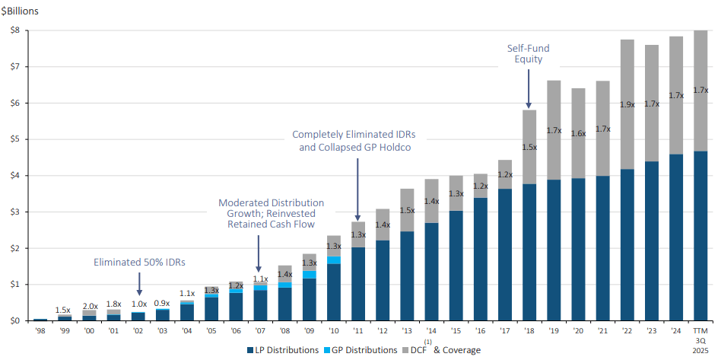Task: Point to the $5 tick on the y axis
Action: tap(14, 139)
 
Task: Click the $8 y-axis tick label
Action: tap(14, 30)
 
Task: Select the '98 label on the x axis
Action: tap(40, 332)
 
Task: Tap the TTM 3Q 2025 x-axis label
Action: tap(701, 340)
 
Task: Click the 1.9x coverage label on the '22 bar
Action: tap(627, 104)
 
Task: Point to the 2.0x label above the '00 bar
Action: tap(89, 306)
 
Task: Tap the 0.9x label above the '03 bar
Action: tap(163, 304)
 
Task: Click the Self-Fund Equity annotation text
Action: tap(528, 54)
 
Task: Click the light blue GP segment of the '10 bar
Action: tap(332, 260)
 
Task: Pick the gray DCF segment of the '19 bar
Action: tap(553, 129)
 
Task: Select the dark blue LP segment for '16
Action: tap(479, 259)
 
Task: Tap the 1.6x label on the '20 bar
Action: tap(578, 133)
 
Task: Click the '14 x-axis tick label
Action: tap(430, 332)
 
